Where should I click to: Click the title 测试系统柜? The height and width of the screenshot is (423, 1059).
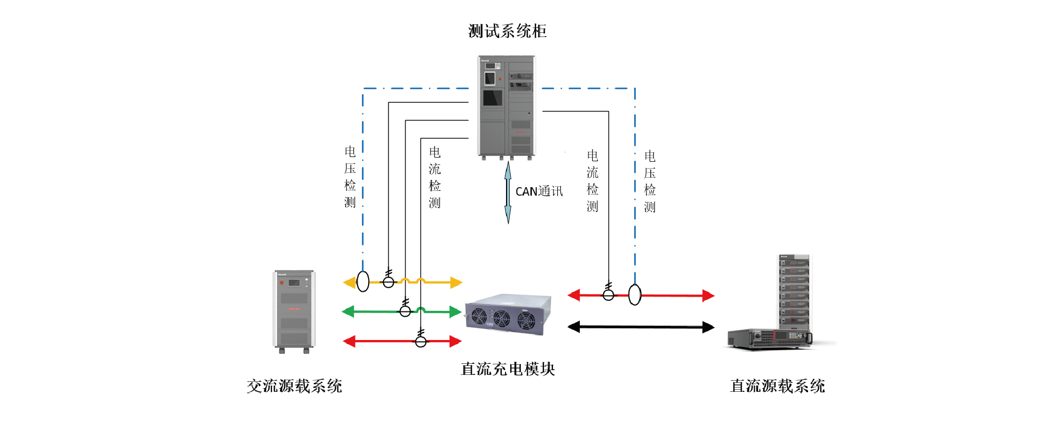click(507, 31)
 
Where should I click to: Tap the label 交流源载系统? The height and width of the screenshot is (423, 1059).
click(294, 386)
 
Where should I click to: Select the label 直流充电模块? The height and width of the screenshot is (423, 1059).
click(508, 369)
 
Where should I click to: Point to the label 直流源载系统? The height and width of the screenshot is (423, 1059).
click(777, 386)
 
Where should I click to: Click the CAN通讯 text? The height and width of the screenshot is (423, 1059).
click(539, 191)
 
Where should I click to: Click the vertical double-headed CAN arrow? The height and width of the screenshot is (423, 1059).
click(508, 192)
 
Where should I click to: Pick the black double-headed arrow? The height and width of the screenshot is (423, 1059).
click(641, 327)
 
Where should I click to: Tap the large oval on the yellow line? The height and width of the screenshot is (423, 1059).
click(363, 282)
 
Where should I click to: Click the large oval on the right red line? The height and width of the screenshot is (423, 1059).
click(635, 295)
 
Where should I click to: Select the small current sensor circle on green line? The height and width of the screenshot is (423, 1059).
click(405, 311)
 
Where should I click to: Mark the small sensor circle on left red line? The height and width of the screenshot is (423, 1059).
click(421, 342)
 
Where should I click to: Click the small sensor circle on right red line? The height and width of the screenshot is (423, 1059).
click(608, 295)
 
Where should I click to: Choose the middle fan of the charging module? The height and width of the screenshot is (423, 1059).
click(501, 319)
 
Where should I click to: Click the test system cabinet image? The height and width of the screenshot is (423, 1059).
click(507, 106)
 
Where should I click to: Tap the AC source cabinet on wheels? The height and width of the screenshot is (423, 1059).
click(294, 311)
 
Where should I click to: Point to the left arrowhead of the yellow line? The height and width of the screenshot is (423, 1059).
click(349, 282)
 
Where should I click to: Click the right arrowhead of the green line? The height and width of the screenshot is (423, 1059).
click(455, 312)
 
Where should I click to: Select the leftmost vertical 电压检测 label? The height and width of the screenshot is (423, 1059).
click(350, 177)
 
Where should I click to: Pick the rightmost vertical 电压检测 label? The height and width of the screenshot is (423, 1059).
click(650, 181)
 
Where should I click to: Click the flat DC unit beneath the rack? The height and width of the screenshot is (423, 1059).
click(769, 338)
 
